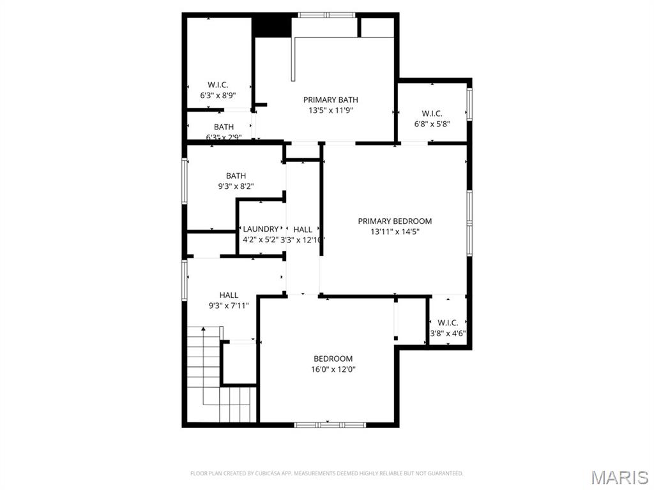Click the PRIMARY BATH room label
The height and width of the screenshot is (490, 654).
pyautogui.click(x=330, y=100)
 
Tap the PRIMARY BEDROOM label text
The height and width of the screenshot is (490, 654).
pyautogui.click(x=395, y=221)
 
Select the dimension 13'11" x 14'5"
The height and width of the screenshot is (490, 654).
pyautogui.click(x=395, y=232)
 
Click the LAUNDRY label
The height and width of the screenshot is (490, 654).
pyautogui.click(x=261, y=229)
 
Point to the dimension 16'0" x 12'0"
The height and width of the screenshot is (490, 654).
pyautogui.click(x=333, y=369)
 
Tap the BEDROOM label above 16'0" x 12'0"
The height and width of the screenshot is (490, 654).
pyautogui.click(x=333, y=359)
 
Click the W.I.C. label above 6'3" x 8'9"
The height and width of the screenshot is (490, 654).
pyautogui.click(x=218, y=85)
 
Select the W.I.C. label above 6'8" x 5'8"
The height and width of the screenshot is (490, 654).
pyautogui.click(x=432, y=114)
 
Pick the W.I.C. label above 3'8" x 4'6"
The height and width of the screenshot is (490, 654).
pyautogui.click(x=448, y=323)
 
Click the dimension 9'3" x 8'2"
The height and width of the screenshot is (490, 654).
pyautogui.click(x=236, y=186)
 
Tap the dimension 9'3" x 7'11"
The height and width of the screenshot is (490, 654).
pyautogui.click(x=229, y=306)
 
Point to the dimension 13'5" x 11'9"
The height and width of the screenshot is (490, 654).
pyautogui.click(x=330, y=110)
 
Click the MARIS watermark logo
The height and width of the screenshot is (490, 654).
pyautogui.click(x=620, y=477)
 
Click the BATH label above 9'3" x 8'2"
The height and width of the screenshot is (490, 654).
pyautogui.click(x=236, y=175)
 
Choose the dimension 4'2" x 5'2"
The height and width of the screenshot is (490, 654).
pyautogui.click(x=261, y=240)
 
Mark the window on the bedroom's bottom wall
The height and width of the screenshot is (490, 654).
pyautogui.click(x=330, y=424)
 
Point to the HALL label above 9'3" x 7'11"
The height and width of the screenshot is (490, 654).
pyautogui.click(x=229, y=295)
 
